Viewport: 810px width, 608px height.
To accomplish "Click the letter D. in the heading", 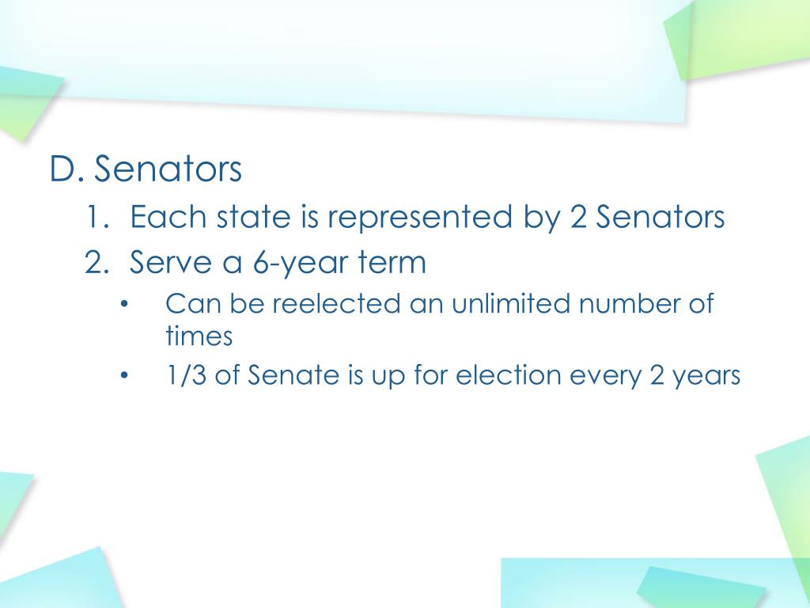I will coord(67,170).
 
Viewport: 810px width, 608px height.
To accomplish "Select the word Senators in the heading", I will coord(168,170).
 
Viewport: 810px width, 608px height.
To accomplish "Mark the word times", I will coord(199,336).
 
